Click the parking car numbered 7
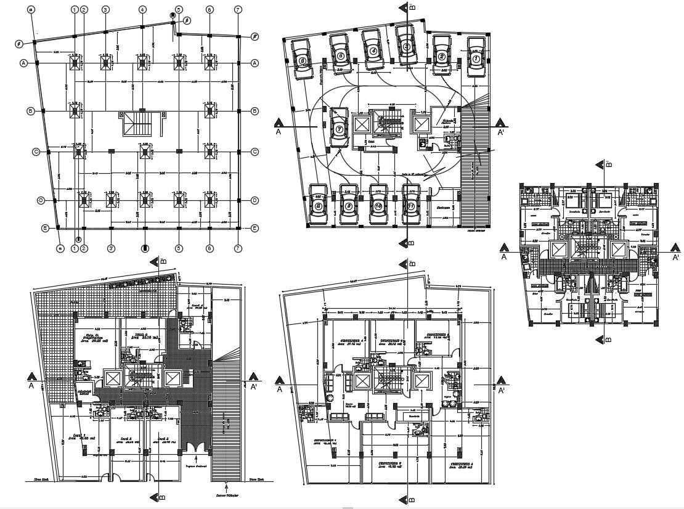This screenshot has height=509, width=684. pyautogui.click(x=338, y=128)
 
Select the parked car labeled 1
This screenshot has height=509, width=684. pyautogui.click(x=476, y=57)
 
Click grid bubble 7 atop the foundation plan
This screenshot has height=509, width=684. pyautogui.click(x=237, y=10)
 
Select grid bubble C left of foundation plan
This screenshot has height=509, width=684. pyautogui.click(x=36, y=152)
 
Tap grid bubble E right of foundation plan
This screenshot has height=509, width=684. pyautogui.click(x=254, y=228)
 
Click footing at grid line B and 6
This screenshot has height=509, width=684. pyautogui.click(x=210, y=111)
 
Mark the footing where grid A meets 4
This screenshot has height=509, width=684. pyautogui.click(x=142, y=63)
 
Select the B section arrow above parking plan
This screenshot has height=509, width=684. pyautogui.click(x=405, y=7)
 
